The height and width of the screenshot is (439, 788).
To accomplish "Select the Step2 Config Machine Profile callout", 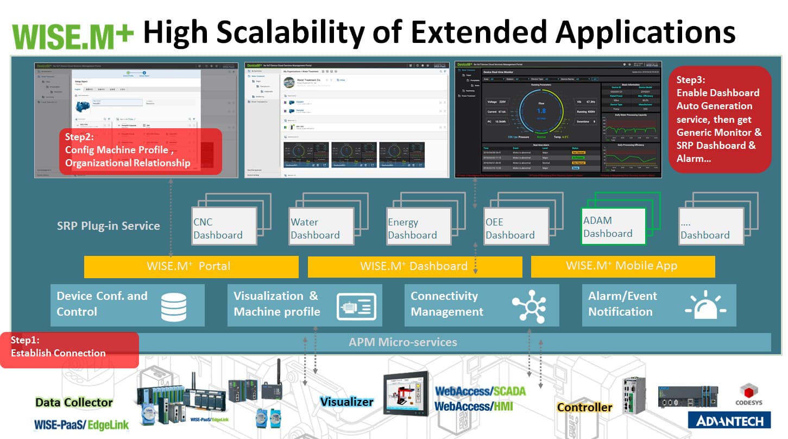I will [140, 152].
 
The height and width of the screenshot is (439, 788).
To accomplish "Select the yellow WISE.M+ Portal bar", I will [191, 266].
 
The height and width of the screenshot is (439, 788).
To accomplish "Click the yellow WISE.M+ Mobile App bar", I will [622, 266].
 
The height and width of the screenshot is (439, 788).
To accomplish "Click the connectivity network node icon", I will [528, 306].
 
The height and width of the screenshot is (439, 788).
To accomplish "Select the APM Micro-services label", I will [402, 342].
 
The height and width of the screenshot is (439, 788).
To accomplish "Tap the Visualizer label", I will [346, 402].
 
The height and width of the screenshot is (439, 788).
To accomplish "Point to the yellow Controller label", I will [584, 407].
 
